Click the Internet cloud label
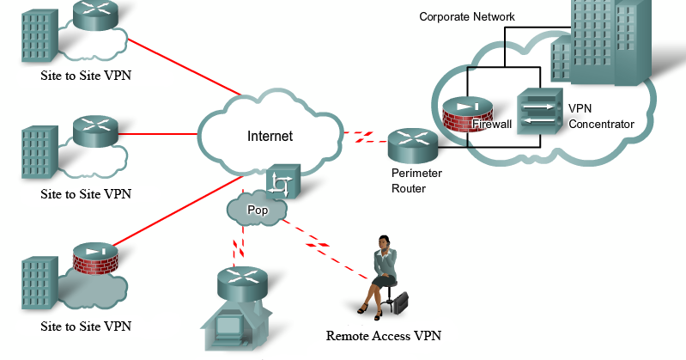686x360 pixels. pyautogui.click(x=270, y=136)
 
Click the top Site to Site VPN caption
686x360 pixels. pyautogui.click(x=86, y=76)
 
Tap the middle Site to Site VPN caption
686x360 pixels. pyautogui.click(x=86, y=193)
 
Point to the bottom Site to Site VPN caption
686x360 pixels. pyautogui.click(x=86, y=326)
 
